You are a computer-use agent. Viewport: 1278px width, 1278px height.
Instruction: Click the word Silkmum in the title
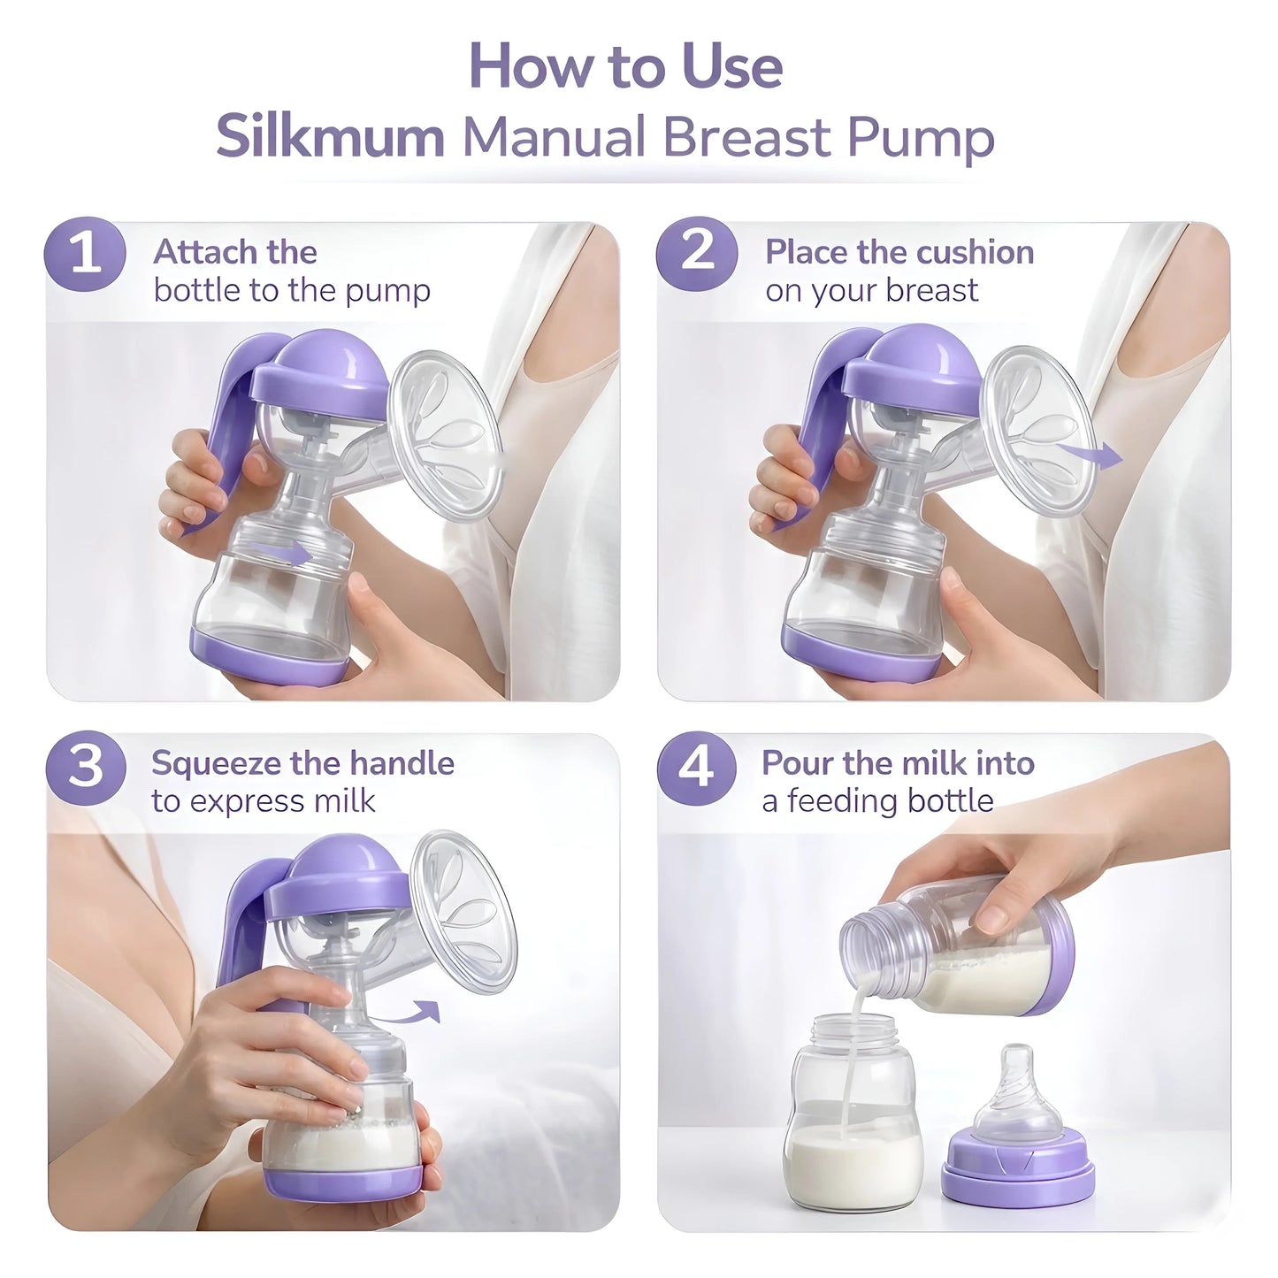point(330,138)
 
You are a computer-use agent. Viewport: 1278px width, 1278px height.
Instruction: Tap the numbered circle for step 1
point(85,254)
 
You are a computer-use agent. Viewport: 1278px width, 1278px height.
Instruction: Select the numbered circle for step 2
point(697,254)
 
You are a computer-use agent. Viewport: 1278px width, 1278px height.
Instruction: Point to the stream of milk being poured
point(850,1061)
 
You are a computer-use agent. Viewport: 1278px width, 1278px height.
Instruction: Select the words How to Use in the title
point(625,66)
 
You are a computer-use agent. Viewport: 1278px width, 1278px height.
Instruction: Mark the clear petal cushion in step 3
point(463,911)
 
